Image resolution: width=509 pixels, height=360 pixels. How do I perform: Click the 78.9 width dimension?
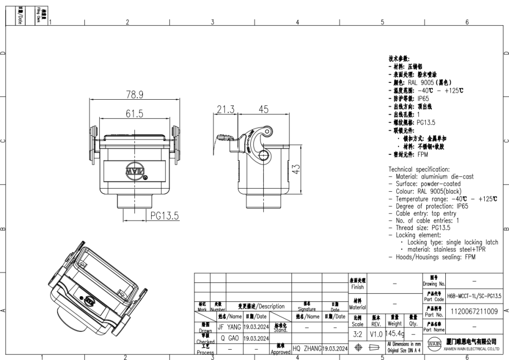point(135,94)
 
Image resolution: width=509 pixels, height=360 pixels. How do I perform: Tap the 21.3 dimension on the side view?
point(225,109)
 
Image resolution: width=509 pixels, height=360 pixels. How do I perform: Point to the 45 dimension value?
point(263,109)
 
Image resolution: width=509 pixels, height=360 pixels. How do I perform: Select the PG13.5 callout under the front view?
point(165,217)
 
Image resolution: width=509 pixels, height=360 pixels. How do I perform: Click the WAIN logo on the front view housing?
point(135,169)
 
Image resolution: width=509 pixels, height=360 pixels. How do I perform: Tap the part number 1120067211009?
point(474,312)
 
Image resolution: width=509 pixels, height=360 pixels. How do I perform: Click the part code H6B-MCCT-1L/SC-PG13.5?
point(474,297)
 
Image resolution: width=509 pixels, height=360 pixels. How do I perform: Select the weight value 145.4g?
point(394,333)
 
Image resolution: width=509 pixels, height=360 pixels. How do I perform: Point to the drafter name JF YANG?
point(229,327)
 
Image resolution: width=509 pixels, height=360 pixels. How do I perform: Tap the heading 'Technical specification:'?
point(419,169)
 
